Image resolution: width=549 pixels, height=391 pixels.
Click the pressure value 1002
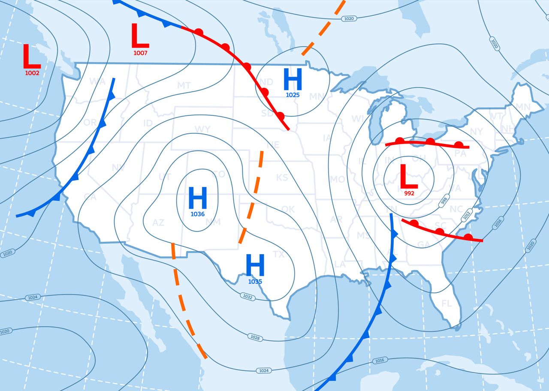(32, 73)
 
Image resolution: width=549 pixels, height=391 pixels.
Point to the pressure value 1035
(255, 282)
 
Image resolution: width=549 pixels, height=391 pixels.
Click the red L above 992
(409, 176)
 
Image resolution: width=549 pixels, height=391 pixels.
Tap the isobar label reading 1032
(247, 296)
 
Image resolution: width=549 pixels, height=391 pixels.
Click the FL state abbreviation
(446, 304)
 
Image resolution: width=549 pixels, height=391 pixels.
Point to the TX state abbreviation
(278, 255)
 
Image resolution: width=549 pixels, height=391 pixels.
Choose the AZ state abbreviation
(158, 223)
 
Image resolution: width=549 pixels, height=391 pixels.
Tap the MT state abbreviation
(184, 86)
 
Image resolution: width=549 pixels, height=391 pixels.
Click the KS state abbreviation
(282, 177)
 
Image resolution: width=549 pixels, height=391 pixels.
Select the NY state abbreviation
(476, 131)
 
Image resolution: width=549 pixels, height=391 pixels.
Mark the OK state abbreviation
(288, 209)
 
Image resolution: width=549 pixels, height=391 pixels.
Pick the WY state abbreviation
(202, 129)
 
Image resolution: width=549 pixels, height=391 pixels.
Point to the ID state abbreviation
(148, 123)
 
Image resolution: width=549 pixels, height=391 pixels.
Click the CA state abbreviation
(90, 197)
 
